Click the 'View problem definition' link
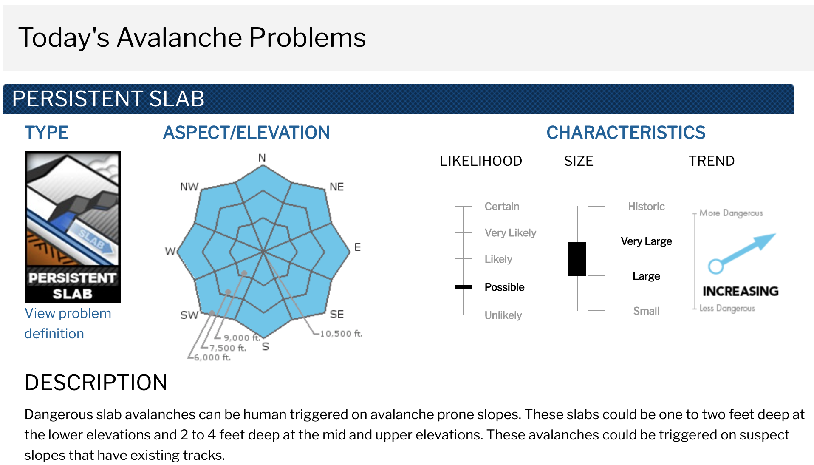[68, 323]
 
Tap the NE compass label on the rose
[336, 187]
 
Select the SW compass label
[189, 315]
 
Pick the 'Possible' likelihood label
[504, 287]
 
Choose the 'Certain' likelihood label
[502, 207]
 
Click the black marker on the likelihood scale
[463, 287]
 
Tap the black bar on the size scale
[577, 259]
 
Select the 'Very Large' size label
[646, 241]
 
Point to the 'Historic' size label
[646, 207]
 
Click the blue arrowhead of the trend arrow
[766, 241]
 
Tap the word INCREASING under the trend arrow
[741, 291]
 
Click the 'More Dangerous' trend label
[731, 213]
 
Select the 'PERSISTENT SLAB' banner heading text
[108, 99]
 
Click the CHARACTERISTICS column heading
[626, 133]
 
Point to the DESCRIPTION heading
[96, 383]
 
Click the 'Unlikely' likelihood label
[503, 315]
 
